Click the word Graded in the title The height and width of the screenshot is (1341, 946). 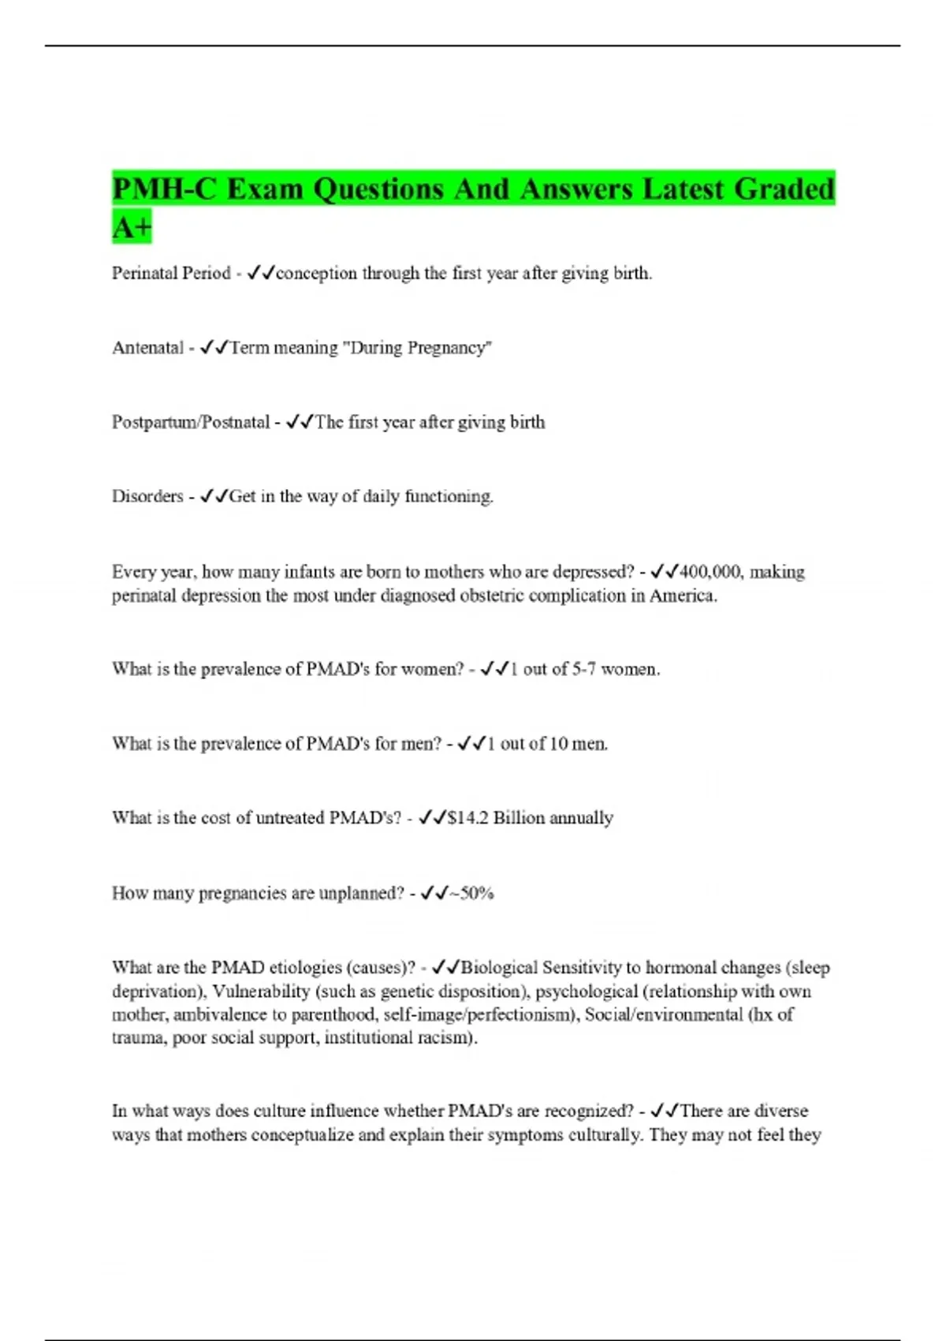[784, 189]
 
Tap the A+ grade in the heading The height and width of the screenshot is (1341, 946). [131, 228]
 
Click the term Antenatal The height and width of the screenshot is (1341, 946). [147, 348]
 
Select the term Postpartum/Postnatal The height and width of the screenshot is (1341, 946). [191, 422]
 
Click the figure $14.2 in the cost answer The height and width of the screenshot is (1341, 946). [467, 818]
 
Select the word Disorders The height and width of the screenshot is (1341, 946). [147, 497]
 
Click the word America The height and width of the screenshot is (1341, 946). [683, 596]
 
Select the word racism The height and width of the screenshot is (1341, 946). [452, 1038]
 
